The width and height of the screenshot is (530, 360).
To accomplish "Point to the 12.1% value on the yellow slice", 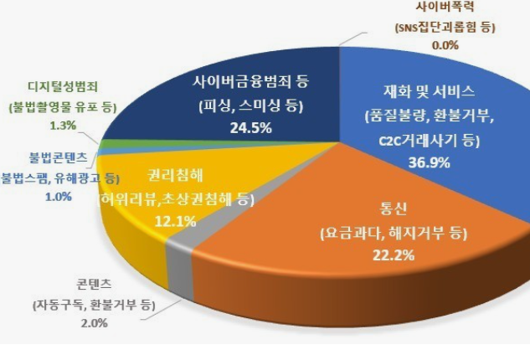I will pos(177,221).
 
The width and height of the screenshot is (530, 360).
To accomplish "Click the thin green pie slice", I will pos(105,144).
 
